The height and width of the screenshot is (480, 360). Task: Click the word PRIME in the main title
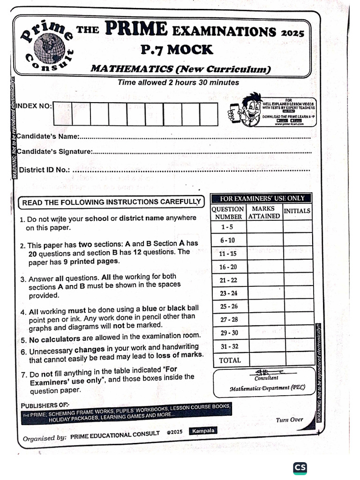136,30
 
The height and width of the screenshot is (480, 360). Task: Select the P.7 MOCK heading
177,49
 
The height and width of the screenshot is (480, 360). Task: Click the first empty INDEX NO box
62,114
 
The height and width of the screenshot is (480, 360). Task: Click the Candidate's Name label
47,136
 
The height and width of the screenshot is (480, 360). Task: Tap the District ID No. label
44,170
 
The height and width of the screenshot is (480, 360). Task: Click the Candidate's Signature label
54,151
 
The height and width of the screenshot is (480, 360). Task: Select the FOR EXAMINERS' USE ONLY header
262,198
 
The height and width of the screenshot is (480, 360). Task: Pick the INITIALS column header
298,211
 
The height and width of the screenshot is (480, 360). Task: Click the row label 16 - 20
228,267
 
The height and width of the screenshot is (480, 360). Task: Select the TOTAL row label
230,360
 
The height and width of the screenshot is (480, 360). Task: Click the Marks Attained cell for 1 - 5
264,227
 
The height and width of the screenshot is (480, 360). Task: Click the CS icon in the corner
300,468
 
